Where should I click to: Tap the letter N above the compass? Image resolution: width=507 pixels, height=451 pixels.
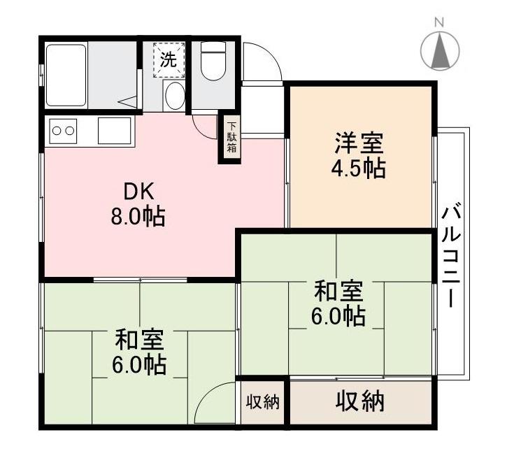pyautogui.click(x=440, y=21)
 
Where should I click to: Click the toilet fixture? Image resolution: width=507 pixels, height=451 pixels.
pyautogui.click(x=213, y=62)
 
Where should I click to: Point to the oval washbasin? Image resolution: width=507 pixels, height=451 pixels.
pyautogui.click(x=175, y=96)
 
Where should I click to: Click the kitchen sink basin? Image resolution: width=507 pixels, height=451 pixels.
pyautogui.click(x=114, y=131)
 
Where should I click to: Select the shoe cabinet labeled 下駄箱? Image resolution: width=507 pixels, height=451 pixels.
pyautogui.click(x=231, y=138)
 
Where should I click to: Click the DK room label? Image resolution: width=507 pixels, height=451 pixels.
pyautogui.click(x=138, y=191)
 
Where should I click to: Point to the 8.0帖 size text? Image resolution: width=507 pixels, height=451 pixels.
pyautogui.click(x=137, y=217)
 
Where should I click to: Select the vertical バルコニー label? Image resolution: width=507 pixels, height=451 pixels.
pyautogui.click(x=451, y=255)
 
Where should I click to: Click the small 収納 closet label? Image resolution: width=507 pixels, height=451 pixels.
pyautogui.click(x=262, y=402)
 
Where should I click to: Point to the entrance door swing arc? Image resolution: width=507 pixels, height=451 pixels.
pyautogui.click(x=264, y=63)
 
